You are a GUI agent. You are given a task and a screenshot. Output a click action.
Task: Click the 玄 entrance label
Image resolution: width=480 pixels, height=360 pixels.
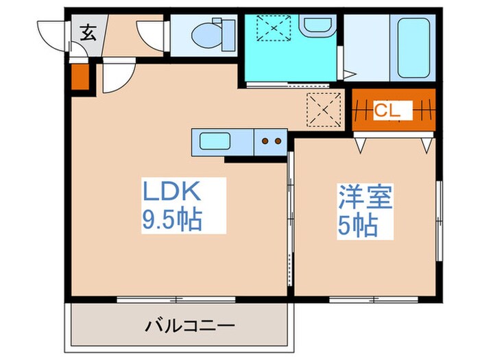(x=89, y=32)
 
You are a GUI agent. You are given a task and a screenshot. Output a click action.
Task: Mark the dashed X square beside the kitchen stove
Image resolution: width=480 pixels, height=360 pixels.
(x=324, y=109)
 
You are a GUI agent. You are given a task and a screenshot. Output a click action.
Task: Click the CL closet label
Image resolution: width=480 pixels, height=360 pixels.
(x=392, y=110)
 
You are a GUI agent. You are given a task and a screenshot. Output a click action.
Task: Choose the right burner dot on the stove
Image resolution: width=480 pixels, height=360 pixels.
(x=278, y=143)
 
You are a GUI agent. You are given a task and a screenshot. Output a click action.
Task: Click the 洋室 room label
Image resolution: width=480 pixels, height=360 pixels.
(x=365, y=197)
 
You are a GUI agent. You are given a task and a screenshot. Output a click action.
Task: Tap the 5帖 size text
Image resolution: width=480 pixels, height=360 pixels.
(x=357, y=226)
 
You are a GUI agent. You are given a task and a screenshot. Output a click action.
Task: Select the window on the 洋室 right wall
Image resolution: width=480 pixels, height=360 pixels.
(x=437, y=219)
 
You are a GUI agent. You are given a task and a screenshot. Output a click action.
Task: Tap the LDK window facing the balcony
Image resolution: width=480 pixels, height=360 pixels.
(x=176, y=298)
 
